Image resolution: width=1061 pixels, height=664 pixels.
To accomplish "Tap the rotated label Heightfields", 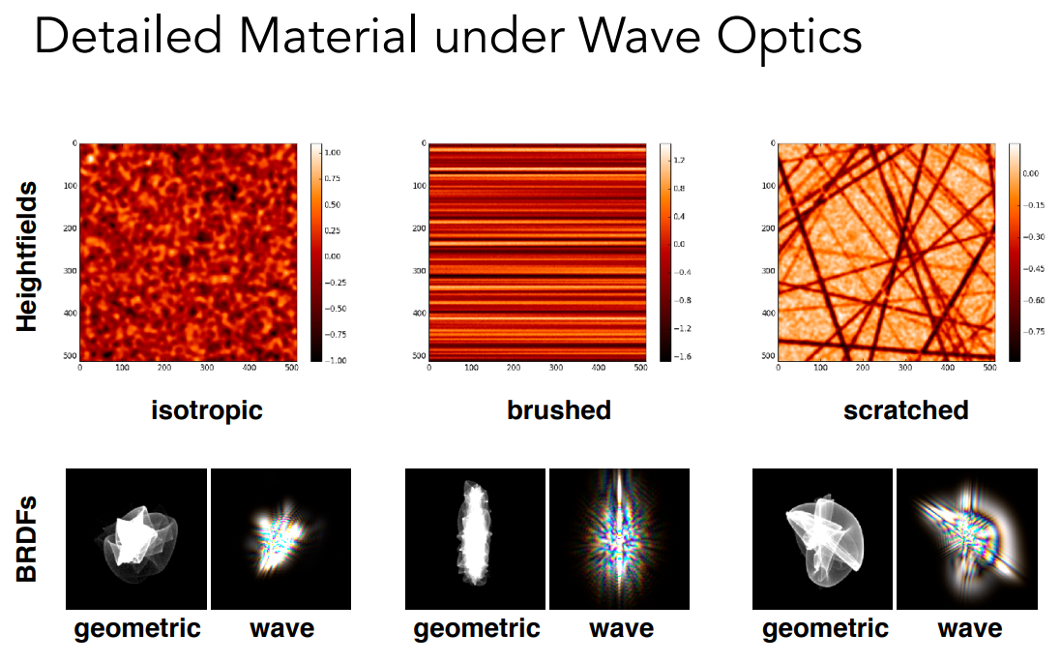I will [x=27, y=255].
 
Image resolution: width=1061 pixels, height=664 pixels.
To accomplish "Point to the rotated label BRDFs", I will [x=27, y=539].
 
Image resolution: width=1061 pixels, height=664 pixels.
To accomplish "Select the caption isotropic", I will [x=207, y=409].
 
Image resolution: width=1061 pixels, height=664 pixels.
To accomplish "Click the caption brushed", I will [x=559, y=409].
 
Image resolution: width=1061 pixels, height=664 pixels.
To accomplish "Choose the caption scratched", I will [x=905, y=409].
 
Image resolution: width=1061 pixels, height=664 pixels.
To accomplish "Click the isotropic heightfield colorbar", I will [x=316, y=252].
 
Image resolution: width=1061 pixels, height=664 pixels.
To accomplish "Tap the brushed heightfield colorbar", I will [x=664, y=252].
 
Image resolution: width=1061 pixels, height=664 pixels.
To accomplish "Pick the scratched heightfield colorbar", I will [x=1014, y=252].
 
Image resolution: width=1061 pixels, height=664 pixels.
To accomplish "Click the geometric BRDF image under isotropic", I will [x=135, y=539].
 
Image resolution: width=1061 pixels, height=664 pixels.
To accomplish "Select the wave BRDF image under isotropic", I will [x=280, y=539].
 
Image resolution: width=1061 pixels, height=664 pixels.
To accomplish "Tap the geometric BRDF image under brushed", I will [x=475, y=539].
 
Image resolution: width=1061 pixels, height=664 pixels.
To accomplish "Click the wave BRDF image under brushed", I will [x=619, y=539].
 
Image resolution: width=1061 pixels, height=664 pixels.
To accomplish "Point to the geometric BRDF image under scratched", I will [x=823, y=539].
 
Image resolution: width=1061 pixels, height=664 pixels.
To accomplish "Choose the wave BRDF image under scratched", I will [x=967, y=539].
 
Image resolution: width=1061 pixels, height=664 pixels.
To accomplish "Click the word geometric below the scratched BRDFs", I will [x=825, y=629].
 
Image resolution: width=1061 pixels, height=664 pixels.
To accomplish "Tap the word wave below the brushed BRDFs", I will [x=621, y=629].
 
